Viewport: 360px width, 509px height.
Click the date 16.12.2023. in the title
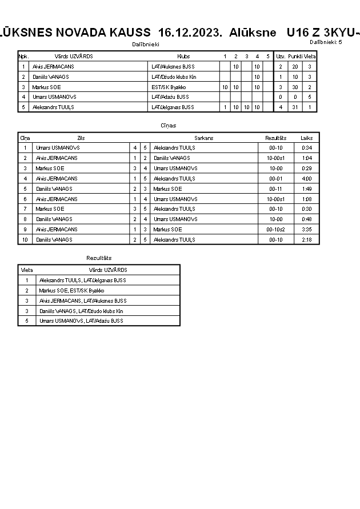pos(190,32)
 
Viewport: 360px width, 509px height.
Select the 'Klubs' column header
pos(183,57)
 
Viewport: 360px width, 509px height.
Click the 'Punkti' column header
pos(295,57)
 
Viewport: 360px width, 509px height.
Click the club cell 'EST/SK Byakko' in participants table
pos(169,87)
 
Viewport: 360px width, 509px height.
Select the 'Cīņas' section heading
pos(169,125)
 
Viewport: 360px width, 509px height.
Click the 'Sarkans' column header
pos(204,138)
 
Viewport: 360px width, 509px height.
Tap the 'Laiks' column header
pos(307,138)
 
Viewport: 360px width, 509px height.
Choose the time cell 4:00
pos(307,178)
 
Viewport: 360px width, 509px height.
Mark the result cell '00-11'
pos(276,189)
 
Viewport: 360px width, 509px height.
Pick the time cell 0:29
pos(307,168)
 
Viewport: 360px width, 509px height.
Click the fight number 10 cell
pos(25,239)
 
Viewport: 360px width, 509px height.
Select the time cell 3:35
pos(307,229)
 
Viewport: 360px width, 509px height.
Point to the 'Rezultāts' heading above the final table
pos(99,258)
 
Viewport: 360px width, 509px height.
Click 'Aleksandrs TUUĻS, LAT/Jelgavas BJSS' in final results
pos(82,280)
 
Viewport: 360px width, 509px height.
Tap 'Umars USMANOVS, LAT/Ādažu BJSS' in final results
pos(81,320)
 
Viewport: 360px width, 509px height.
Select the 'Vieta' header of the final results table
pos(27,270)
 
